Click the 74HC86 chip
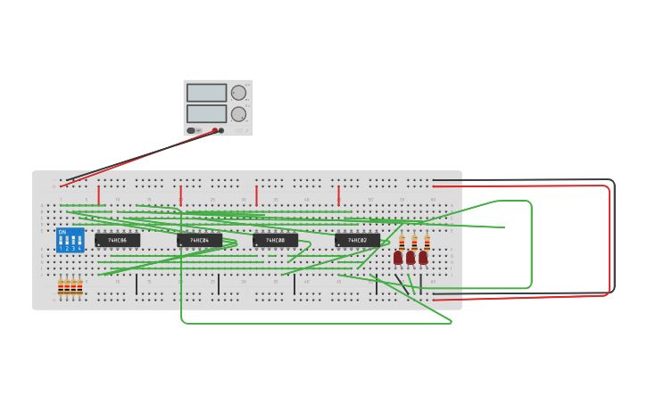118,240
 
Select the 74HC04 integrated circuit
199,240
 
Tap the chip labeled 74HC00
275,240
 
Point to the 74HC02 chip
357,240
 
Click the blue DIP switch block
71,240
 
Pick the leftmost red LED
398,258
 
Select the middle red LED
411,258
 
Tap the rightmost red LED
423,258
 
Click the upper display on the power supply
206,93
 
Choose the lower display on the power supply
206,114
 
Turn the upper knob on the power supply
238,93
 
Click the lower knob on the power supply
238,114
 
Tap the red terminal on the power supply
214,130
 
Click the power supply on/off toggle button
191,130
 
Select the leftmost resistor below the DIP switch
61,287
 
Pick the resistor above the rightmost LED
427,242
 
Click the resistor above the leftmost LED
402,242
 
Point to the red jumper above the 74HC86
98,194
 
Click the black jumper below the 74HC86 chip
137,284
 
